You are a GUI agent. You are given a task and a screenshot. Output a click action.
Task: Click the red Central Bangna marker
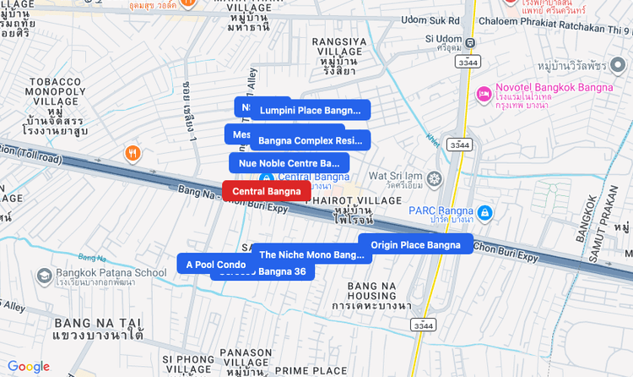pyautogui.click(x=266, y=191)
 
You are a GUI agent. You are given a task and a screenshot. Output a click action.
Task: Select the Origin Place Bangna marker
pyautogui.click(x=415, y=245)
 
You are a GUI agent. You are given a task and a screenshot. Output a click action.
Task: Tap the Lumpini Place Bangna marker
pyautogui.click(x=310, y=110)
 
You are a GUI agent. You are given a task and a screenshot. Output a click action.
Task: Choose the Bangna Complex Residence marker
pyautogui.click(x=310, y=140)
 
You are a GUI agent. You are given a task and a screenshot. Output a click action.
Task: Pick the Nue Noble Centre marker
pyautogui.click(x=288, y=163)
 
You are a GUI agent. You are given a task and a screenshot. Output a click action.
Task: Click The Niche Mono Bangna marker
pyautogui.click(x=311, y=254)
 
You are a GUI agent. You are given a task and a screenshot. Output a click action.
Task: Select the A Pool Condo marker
pyautogui.click(x=215, y=265)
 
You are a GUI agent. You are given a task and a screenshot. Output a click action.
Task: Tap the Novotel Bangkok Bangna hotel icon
pyautogui.click(x=484, y=93)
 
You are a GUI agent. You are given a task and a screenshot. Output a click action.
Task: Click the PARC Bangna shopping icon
pyautogui.click(x=484, y=211)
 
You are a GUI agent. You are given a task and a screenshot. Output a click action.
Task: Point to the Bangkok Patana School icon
pyautogui.click(x=45, y=275)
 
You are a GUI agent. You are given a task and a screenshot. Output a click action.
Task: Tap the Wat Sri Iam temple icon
pyautogui.click(x=435, y=178)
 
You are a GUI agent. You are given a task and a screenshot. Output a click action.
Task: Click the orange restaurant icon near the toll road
pyautogui.click(x=133, y=153)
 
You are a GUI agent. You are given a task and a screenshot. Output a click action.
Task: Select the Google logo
pyautogui.click(x=29, y=366)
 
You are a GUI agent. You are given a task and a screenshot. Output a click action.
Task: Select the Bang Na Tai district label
pyautogui.click(x=98, y=330)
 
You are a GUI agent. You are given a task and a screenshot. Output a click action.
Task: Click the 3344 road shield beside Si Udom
pyautogui.click(x=465, y=63)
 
